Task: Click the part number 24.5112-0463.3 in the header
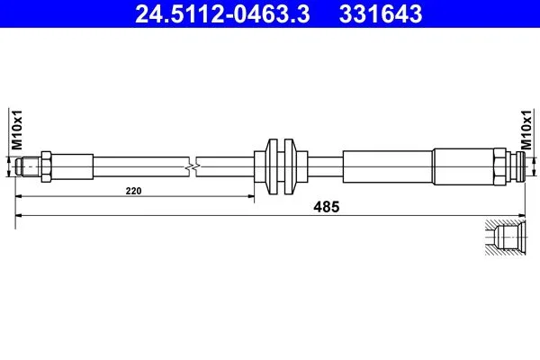click(222, 14)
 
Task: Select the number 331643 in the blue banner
click(381, 14)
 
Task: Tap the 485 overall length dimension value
click(326, 207)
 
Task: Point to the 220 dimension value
click(133, 191)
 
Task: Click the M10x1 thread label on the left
click(17, 130)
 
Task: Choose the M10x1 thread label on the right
click(526, 130)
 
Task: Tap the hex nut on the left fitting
click(46, 166)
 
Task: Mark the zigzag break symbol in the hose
click(193, 167)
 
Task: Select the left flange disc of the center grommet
click(273, 166)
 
